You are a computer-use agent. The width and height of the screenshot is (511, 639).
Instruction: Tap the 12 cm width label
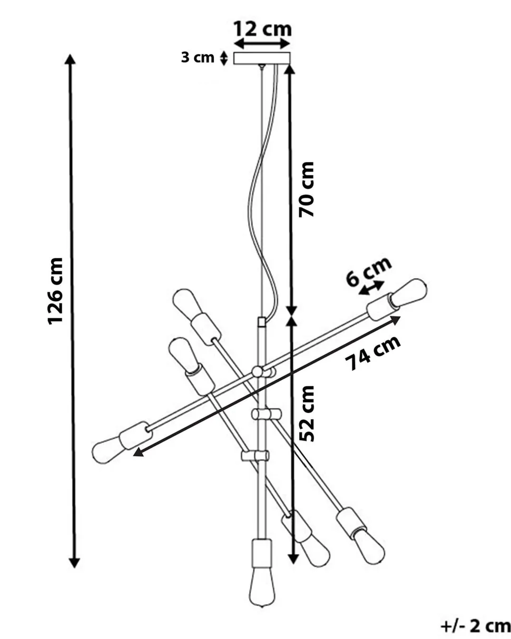pos(262,28)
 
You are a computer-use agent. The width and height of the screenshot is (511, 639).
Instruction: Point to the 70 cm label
pos(306,189)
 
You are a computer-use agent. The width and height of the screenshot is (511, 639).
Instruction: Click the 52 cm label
pos(306,413)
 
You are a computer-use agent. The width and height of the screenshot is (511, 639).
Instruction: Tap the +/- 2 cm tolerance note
pos(475,626)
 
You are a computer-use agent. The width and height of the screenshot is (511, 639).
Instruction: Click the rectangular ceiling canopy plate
pos(262,58)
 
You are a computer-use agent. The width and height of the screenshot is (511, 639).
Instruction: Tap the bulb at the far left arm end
pos(107,449)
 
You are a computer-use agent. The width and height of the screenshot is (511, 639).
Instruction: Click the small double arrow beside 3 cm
pos(224,58)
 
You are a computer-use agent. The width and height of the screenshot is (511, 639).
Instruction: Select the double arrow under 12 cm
pos(262,44)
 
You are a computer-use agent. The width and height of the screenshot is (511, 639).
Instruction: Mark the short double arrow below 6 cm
pos(372,288)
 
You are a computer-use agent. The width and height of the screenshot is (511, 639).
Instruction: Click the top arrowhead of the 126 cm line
pos(70,58)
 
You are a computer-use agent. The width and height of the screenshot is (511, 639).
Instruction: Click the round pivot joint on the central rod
pos(258,372)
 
